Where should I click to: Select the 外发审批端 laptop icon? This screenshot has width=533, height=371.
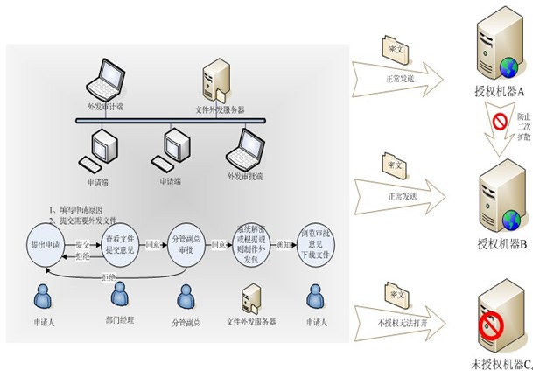[245, 145]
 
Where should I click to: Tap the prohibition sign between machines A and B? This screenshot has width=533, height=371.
[501, 120]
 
